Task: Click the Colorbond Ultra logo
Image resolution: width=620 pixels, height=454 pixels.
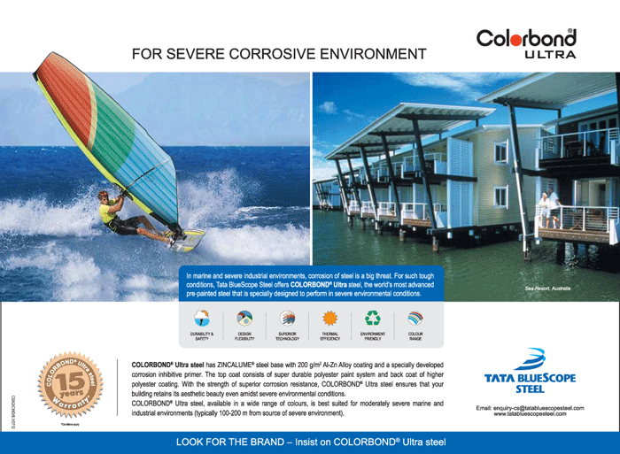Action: point(525,42)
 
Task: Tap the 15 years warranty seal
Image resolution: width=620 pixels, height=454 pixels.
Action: point(66,383)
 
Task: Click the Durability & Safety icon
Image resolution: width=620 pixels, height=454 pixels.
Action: point(202,319)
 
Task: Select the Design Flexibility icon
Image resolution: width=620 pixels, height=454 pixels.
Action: point(244,319)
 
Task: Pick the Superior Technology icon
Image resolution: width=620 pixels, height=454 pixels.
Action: point(287,319)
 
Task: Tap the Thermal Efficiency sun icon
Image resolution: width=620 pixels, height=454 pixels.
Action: point(330,319)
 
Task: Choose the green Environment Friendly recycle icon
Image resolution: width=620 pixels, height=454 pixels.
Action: point(373,319)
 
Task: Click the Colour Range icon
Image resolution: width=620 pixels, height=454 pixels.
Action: point(415,319)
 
